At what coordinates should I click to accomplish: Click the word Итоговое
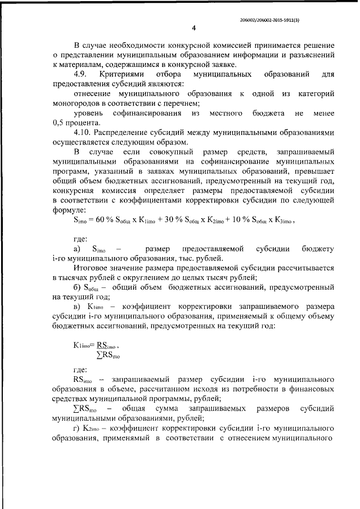(94, 268)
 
